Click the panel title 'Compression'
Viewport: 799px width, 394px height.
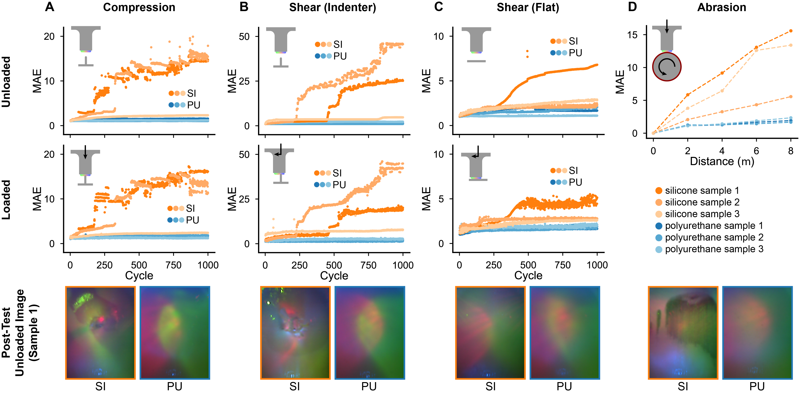tap(139, 7)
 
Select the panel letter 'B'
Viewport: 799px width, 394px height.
tap(244, 7)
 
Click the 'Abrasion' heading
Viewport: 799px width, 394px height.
tap(721, 7)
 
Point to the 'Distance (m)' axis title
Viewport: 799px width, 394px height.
tap(722, 161)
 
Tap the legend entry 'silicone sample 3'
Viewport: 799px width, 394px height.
tap(702, 214)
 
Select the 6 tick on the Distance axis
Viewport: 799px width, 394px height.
tap(756, 151)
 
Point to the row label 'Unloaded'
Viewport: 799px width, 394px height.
tap(6, 82)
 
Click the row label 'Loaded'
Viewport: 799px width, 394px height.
tap(6, 200)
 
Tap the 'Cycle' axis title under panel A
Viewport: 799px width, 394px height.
tap(139, 275)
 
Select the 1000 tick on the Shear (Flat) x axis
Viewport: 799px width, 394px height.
tap(597, 265)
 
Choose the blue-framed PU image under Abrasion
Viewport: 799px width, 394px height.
tap(757, 333)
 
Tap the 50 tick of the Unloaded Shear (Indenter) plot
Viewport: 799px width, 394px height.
tap(244, 37)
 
